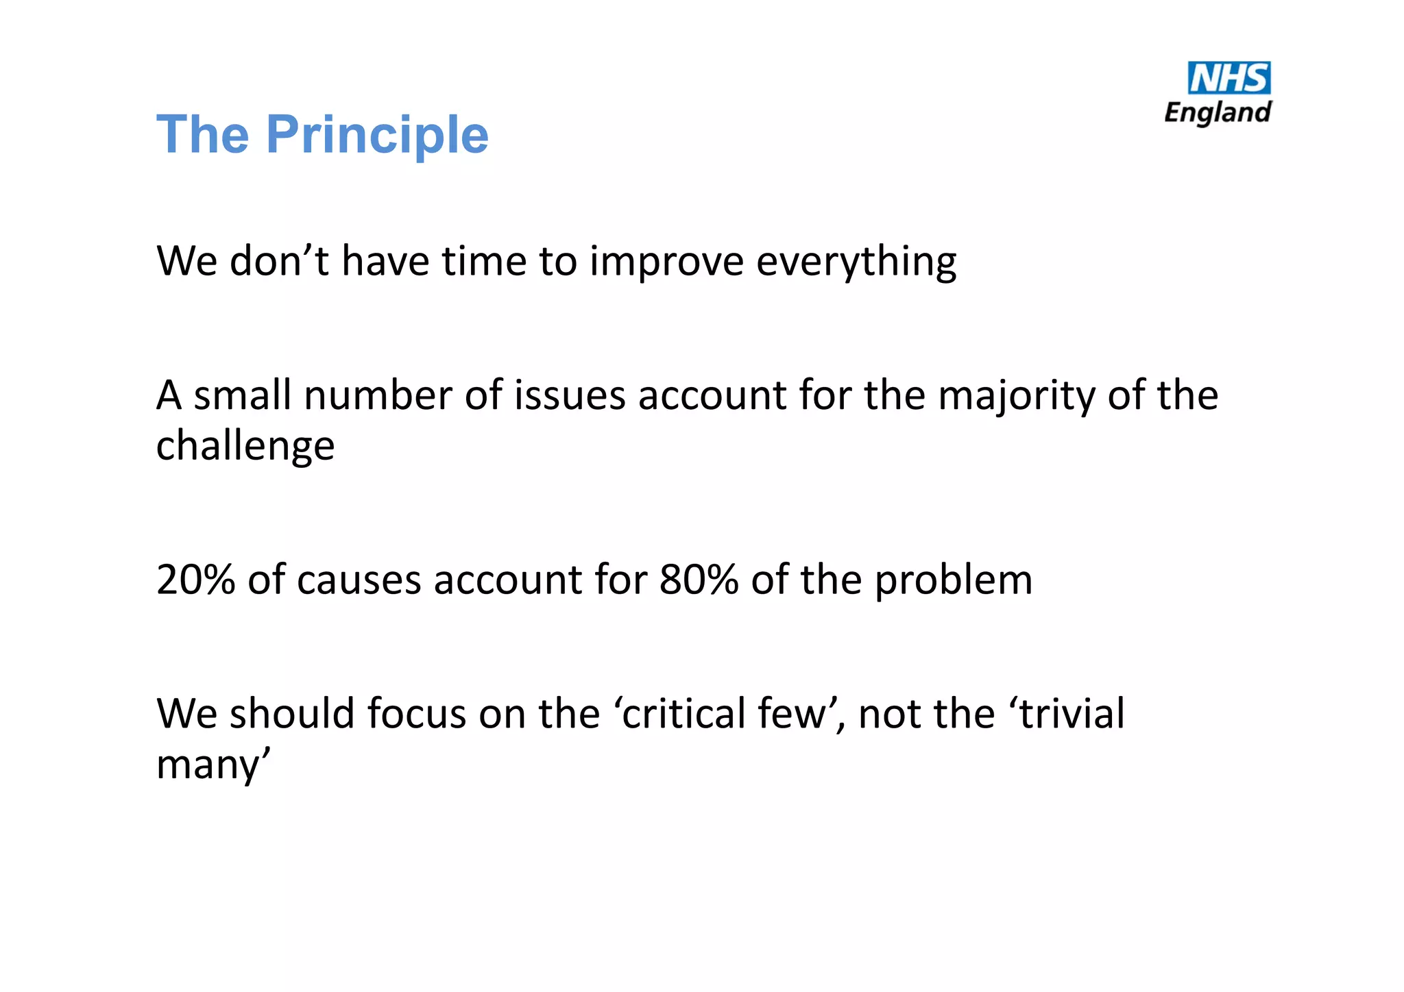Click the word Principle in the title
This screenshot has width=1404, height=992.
[377, 135]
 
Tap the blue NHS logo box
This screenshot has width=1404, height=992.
[1228, 78]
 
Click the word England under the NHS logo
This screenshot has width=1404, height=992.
[1218, 112]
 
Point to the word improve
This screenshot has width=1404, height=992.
[666, 262]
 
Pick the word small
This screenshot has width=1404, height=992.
[242, 395]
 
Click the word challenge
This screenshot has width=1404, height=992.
[245, 446]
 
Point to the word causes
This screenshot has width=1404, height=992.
[359, 580]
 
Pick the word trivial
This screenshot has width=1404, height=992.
[1072, 713]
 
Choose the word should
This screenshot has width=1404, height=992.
[291, 713]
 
